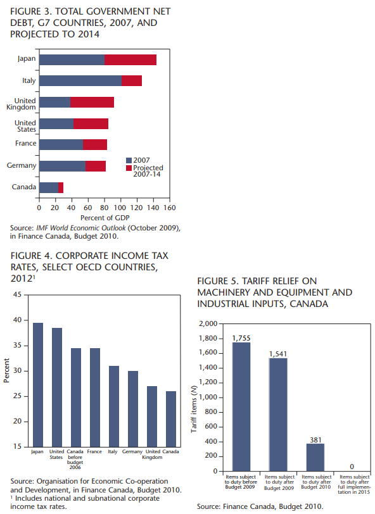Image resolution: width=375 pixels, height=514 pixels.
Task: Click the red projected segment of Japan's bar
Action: [x=130, y=60]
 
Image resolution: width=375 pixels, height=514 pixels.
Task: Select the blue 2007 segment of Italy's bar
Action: [x=80, y=80]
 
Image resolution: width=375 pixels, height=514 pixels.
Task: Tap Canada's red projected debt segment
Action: [x=61, y=187]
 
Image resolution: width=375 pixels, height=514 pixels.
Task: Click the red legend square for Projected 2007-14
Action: [x=129, y=168]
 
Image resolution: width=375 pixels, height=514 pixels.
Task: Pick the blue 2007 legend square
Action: [x=129, y=160]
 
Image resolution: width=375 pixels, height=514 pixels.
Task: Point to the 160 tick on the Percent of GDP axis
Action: [x=170, y=208]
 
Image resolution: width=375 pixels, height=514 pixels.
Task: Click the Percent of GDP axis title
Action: [x=105, y=218]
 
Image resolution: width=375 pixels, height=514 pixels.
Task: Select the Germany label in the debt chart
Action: [x=22, y=166]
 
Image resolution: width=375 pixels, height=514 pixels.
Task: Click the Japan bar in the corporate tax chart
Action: [x=38, y=385]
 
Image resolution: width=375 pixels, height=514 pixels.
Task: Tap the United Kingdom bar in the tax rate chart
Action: [x=152, y=417]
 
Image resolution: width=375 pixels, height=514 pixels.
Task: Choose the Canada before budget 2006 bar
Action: [x=76, y=398]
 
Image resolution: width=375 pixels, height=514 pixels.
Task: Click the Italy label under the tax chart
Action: [x=113, y=452]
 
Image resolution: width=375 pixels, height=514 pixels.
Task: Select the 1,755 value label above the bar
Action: [x=241, y=338]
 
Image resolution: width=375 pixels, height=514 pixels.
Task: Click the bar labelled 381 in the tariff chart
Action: [x=315, y=457]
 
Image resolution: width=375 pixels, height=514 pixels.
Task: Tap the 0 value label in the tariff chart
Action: [x=352, y=467]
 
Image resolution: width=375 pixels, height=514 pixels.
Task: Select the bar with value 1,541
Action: [x=278, y=415]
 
